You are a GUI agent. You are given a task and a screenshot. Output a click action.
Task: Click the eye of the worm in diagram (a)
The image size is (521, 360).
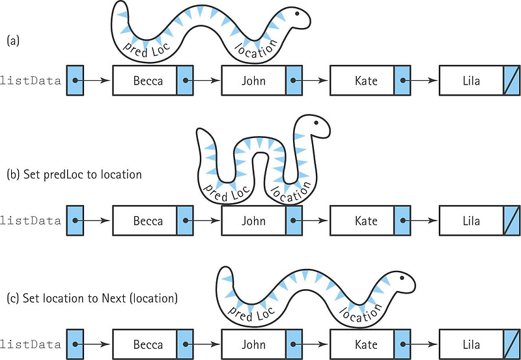pos(297,12)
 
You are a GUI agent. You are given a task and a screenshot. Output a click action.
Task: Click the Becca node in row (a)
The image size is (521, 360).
pos(145,81)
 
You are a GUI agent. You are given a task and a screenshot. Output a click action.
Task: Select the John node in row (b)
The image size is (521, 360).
pos(253,221)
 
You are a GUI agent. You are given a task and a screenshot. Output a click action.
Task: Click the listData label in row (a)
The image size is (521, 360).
pos(31,81)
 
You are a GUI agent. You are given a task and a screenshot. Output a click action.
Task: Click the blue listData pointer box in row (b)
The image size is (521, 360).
pos(76,221)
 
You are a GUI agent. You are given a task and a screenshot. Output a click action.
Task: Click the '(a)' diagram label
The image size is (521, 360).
pos(13,40)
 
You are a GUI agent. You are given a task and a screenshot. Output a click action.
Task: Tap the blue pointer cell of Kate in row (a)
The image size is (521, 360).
pos(402,81)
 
